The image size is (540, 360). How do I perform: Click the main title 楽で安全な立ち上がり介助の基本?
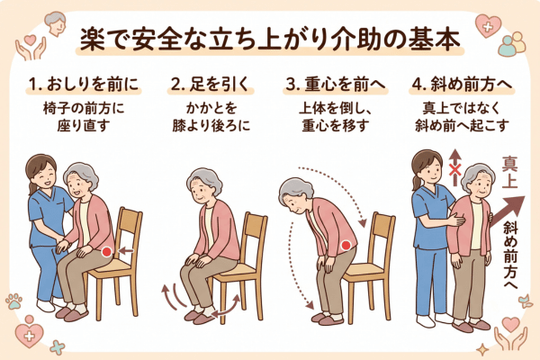(x=270, y=40)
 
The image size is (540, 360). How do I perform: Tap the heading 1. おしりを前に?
(x=84, y=84)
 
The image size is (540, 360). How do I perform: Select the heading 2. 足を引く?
(x=211, y=84)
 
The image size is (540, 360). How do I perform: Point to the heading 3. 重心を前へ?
(x=336, y=84)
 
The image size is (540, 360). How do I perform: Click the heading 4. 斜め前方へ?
(x=462, y=84)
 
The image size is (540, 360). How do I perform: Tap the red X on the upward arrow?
(x=455, y=169)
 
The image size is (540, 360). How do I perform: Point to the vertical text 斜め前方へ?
(x=510, y=254)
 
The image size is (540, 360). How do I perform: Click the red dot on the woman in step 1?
(x=107, y=252)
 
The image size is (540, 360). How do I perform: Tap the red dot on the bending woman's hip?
(x=346, y=246)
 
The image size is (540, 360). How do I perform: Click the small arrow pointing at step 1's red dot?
(x=126, y=251)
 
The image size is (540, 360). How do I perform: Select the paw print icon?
(x=14, y=301)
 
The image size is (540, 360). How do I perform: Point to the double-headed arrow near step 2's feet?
(x=226, y=306)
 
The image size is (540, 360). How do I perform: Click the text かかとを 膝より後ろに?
(x=211, y=117)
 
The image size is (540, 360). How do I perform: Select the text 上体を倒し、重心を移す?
(x=336, y=117)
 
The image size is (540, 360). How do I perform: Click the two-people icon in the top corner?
(x=512, y=44)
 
